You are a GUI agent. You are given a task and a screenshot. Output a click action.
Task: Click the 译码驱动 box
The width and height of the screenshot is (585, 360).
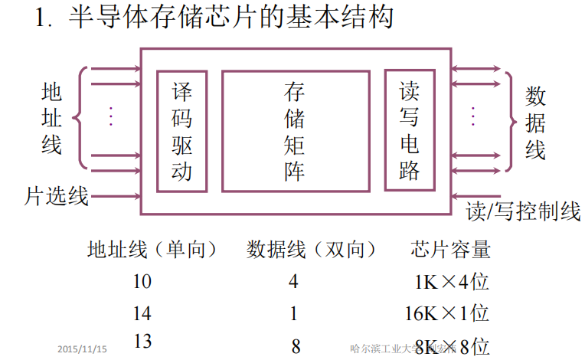[182, 131]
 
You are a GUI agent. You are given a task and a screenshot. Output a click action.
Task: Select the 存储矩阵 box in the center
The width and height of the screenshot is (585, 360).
[294, 131]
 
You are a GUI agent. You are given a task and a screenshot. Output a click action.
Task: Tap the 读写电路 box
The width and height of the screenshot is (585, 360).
[410, 131]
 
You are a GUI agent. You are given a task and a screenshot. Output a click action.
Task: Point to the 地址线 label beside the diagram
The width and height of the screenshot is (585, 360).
[51, 118]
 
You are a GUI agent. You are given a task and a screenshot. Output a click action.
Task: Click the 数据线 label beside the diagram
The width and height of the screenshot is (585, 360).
[535, 123]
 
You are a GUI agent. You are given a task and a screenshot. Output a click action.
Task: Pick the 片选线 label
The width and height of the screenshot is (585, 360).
[57, 197]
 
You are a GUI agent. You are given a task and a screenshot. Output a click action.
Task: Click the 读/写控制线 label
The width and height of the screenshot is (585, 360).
[523, 211]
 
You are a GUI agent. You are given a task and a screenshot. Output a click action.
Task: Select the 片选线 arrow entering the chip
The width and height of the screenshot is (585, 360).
[115, 196]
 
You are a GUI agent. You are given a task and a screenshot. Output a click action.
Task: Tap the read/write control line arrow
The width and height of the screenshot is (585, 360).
[475, 196]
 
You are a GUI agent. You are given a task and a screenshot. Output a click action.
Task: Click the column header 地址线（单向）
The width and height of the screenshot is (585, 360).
[152, 250]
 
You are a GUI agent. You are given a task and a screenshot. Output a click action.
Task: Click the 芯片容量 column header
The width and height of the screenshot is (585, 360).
[450, 250]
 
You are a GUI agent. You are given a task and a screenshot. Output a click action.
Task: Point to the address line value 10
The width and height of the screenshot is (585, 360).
[142, 281]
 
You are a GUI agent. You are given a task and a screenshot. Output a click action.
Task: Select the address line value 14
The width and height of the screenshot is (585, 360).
[142, 313]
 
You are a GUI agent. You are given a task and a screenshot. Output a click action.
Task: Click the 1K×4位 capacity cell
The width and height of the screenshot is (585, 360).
[451, 282]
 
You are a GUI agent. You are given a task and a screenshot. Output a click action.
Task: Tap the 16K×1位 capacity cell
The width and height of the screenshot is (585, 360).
[446, 313]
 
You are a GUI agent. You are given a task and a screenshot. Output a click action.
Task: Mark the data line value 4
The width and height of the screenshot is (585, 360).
[293, 281]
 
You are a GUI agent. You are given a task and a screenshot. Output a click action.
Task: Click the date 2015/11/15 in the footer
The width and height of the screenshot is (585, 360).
[83, 349]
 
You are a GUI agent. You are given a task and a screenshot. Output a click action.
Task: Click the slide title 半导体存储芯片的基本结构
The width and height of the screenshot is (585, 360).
[231, 18]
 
